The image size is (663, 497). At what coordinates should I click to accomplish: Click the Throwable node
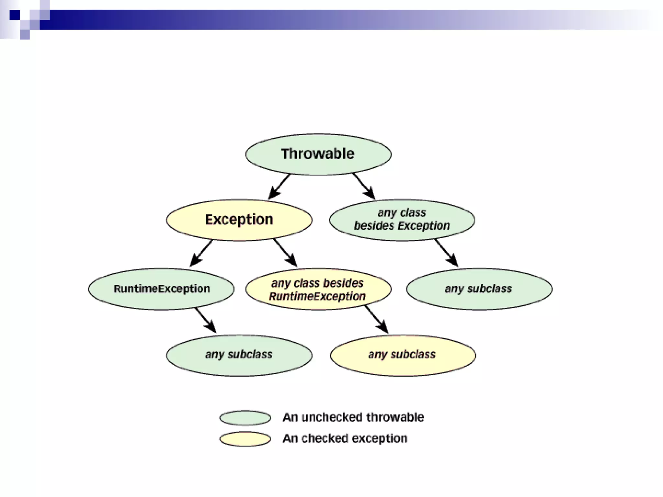coord(318,154)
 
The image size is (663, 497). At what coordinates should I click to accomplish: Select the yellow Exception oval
coord(239,220)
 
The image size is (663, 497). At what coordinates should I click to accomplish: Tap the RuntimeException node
coord(161,289)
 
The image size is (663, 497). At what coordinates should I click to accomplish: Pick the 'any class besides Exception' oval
coord(402,220)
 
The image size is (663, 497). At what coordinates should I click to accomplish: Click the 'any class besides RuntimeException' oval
coord(318,289)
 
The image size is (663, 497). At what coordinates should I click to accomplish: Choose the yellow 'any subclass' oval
coord(403,355)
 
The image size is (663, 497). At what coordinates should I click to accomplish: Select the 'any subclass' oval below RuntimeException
coord(239,355)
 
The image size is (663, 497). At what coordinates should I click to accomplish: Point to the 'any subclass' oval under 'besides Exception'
coord(479,289)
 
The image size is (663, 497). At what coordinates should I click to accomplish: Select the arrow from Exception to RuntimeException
coord(201,253)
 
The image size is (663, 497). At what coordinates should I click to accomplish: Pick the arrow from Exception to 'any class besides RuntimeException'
coord(285,253)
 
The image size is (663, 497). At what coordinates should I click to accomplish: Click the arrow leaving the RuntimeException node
coord(206,320)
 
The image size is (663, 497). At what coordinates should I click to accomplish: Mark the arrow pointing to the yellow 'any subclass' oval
coord(377,319)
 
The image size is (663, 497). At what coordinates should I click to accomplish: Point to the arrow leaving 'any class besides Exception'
coord(446,253)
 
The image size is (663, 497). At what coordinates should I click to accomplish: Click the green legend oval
coord(245,418)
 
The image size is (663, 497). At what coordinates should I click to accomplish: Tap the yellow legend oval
coord(245,439)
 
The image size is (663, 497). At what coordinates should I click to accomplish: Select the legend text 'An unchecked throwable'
coord(353,417)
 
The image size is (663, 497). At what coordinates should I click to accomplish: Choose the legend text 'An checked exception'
coord(345,438)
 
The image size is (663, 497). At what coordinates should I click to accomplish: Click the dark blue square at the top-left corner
coord(15,15)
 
